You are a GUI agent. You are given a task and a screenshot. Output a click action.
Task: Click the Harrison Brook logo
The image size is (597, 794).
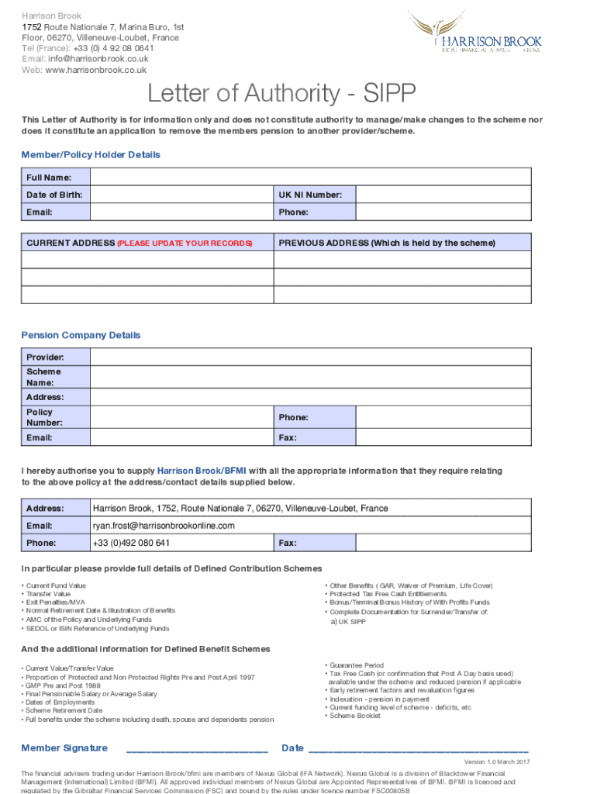tap(488, 34)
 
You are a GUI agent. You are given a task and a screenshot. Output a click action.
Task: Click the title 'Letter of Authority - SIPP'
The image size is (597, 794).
tap(282, 95)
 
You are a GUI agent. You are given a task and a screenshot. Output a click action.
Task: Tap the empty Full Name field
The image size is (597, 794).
tap(311, 178)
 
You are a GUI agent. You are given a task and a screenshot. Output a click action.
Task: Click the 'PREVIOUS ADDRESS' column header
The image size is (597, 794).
tap(386, 243)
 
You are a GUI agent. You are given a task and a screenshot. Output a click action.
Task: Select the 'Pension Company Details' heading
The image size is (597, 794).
tap(81, 336)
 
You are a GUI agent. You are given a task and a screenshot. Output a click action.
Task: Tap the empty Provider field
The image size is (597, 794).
tap(311, 357)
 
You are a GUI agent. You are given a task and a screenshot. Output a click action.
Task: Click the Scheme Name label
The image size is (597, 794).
tap(43, 377)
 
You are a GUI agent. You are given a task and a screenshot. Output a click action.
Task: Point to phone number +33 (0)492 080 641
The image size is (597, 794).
tap(131, 543)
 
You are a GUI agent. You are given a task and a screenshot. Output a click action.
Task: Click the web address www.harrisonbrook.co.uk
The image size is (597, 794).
tap(95, 70)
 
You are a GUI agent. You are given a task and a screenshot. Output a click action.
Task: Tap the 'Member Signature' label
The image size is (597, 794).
tap(64, 747)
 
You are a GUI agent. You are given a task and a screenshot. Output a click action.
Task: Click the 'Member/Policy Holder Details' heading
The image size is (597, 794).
tap(91, 155)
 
